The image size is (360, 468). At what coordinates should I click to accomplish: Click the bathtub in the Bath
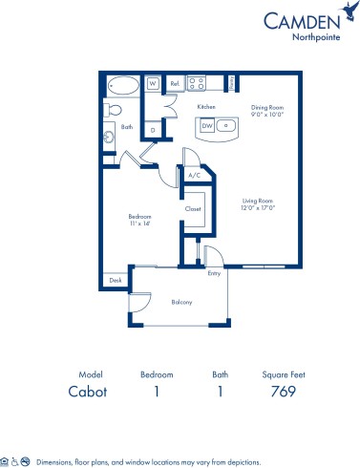(120, 83)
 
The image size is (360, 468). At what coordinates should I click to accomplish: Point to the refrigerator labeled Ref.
(175, 84)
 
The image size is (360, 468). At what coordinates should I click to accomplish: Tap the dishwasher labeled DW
(206, 124)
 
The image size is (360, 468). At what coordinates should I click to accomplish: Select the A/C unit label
(194, 176)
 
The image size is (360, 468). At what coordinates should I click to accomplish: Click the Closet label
(192, 208)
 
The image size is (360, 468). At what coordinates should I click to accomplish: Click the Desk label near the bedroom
(116, 281)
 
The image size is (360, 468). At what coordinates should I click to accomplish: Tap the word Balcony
(182, 303)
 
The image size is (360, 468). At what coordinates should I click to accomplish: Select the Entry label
(213, 273)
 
